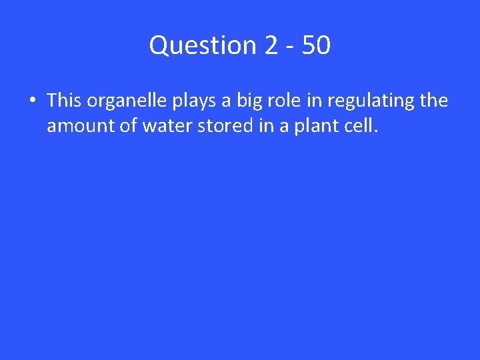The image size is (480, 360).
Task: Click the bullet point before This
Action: pos(31,101)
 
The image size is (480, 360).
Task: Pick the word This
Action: pos(64,101)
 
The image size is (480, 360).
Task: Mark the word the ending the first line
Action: pos(435,101)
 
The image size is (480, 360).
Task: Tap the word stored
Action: pos(213,126)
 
